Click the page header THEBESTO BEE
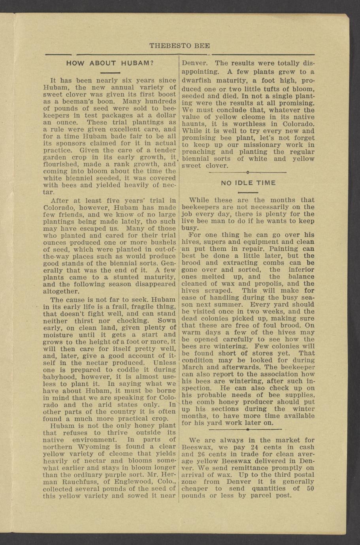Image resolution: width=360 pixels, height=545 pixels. (x=180, y=46)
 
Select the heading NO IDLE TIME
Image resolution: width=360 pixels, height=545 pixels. (x=248, y=183)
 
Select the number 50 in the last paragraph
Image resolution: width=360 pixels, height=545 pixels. (x=310, y=489)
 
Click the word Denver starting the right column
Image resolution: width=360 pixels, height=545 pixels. (x=194, y=63)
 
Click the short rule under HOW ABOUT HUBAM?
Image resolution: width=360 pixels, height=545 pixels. (x=109, y=73)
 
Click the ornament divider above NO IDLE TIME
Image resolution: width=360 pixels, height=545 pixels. (x=247, y=173)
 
